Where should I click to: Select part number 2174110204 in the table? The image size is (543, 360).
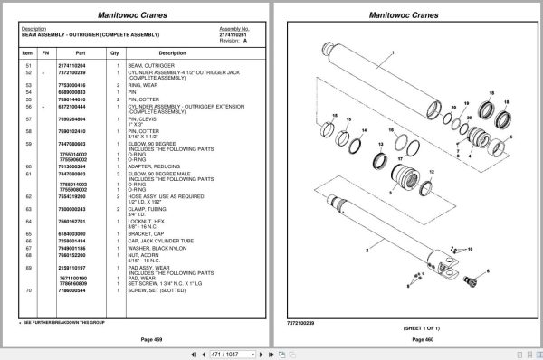(71, 67)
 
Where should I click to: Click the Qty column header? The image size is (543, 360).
(115, 53)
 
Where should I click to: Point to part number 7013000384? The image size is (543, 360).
(71, 166)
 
